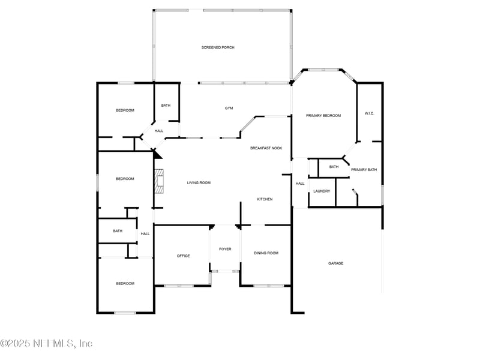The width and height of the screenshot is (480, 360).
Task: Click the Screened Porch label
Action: (x=218, y=47)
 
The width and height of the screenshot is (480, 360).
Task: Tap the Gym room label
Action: (x=229, y=108)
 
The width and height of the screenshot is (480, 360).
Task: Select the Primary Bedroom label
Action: (x=323, y=115)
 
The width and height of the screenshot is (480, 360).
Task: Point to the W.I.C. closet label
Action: (x=369, y=113)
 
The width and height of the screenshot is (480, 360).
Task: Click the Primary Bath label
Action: (x=364, y=170)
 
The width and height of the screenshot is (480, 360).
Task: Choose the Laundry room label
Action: (x=322, y=191)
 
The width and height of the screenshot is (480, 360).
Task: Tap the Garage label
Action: (x=336, y=263)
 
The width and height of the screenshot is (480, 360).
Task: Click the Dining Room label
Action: (x=266, y=253)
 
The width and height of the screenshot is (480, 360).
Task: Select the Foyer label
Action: (x=225, y=249)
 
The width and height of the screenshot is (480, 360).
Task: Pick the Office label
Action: (x=183, y=256)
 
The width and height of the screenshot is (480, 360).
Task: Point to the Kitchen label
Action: (x=265, y=199)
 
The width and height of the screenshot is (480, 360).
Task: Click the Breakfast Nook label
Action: (x=266, y=148)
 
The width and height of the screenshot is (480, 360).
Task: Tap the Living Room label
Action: (x=199, y=182)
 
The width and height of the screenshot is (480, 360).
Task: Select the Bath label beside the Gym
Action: (x=166, y=106)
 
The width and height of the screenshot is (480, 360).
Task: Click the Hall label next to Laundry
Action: (x=300, y=184)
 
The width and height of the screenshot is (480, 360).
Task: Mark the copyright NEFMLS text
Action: (x=46, y=344)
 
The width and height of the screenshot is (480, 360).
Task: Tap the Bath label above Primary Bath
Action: (x=334, y=167)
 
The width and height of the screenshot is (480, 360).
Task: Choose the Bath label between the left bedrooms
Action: (x=118, y=231)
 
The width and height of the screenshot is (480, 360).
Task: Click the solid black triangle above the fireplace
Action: (x=158, y=154)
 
